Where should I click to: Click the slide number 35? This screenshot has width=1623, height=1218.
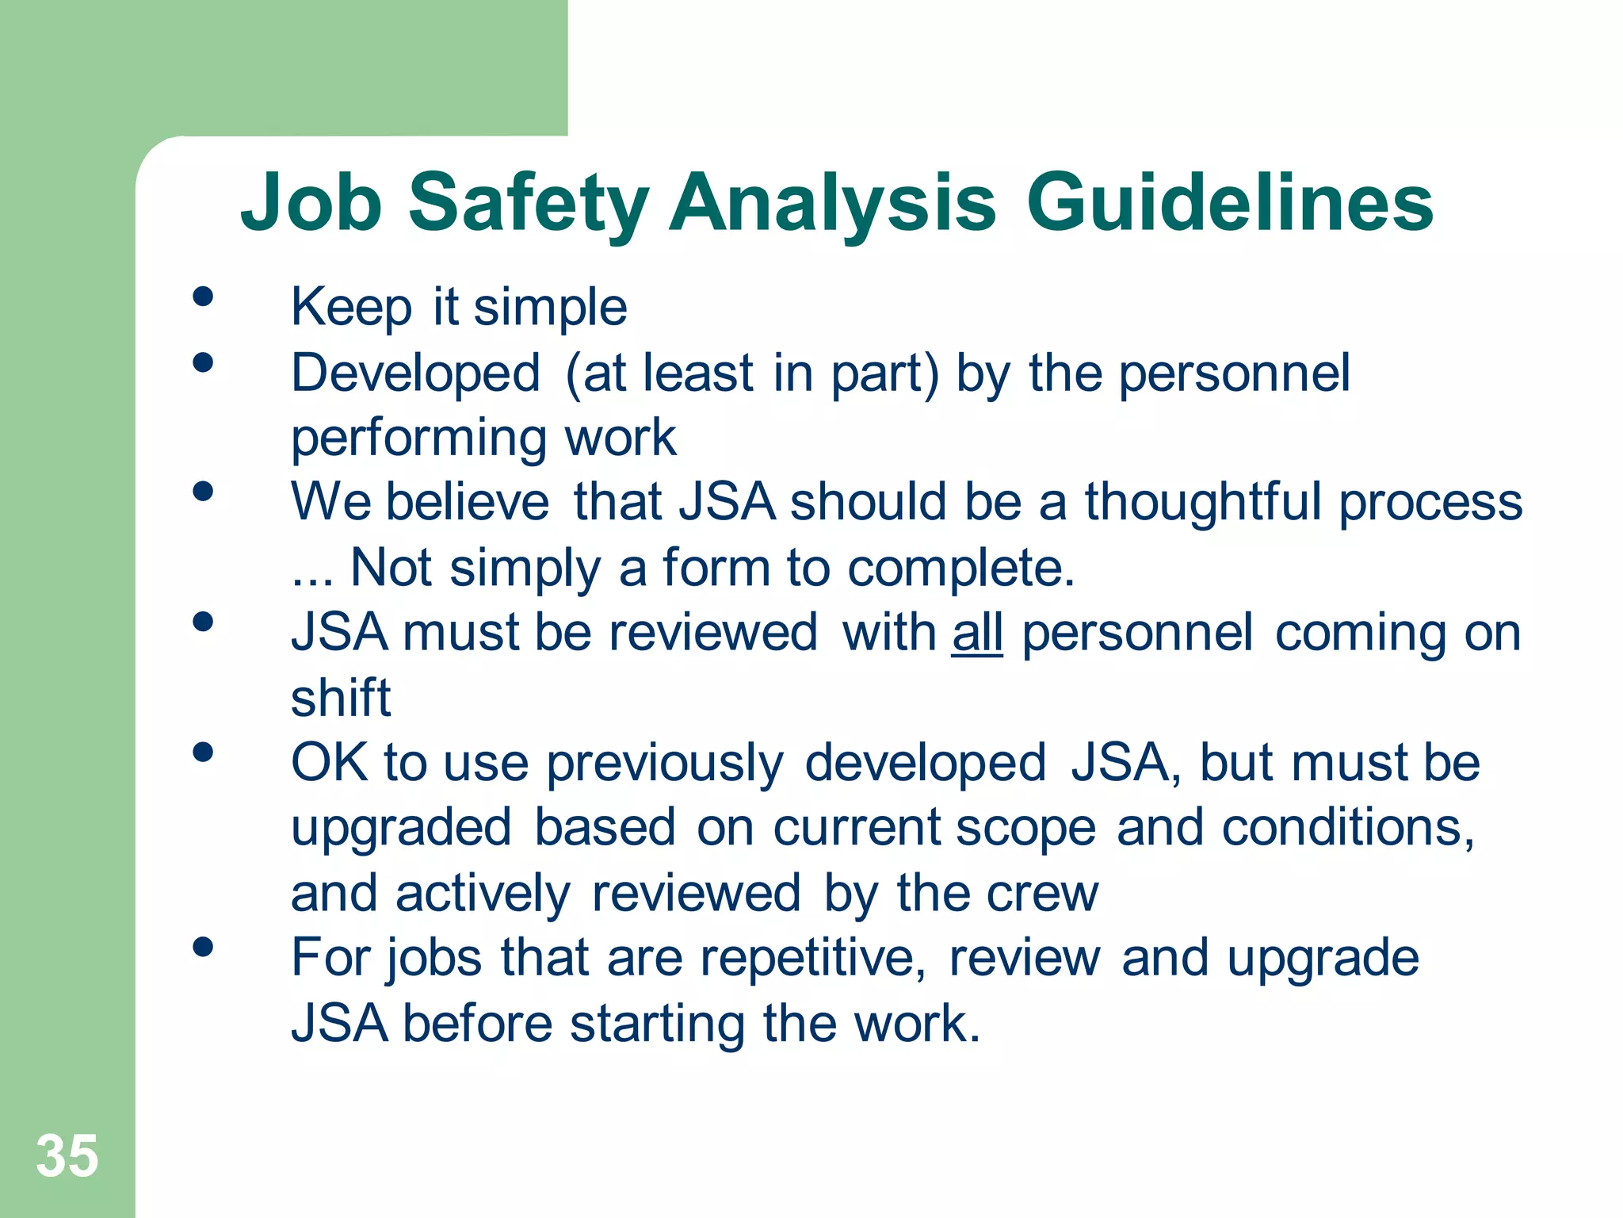tap(67, 1155)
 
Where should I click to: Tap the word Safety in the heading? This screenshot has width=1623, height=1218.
tap(528, 205)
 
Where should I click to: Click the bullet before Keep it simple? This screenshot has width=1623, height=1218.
tap(203, 297)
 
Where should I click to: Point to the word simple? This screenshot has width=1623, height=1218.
tap(550, 308)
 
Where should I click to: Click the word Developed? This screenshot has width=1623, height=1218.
tap(415, 373)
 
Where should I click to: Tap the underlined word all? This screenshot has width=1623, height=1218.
tap(977, 633)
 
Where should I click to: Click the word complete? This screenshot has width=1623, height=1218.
tap(960, 569)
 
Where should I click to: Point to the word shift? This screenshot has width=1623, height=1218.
tap(341, 698)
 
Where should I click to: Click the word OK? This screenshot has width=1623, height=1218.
tap(329, 763)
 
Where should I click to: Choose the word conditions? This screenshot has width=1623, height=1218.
tap(1347, 828)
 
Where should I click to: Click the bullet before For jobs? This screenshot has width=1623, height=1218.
tap(203, 947)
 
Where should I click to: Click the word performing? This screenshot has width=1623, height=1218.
tap(419, 439)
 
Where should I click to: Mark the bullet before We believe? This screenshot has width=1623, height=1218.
tap(203, 492)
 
